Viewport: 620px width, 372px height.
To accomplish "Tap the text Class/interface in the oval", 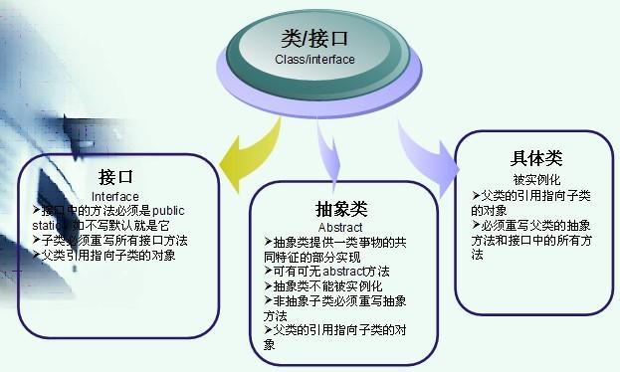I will (314, 59).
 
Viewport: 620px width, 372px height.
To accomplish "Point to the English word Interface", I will (114, 196).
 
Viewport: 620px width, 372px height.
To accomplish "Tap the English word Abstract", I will (340, 227).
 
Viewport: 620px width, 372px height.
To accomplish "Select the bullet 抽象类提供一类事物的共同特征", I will (338, 242).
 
